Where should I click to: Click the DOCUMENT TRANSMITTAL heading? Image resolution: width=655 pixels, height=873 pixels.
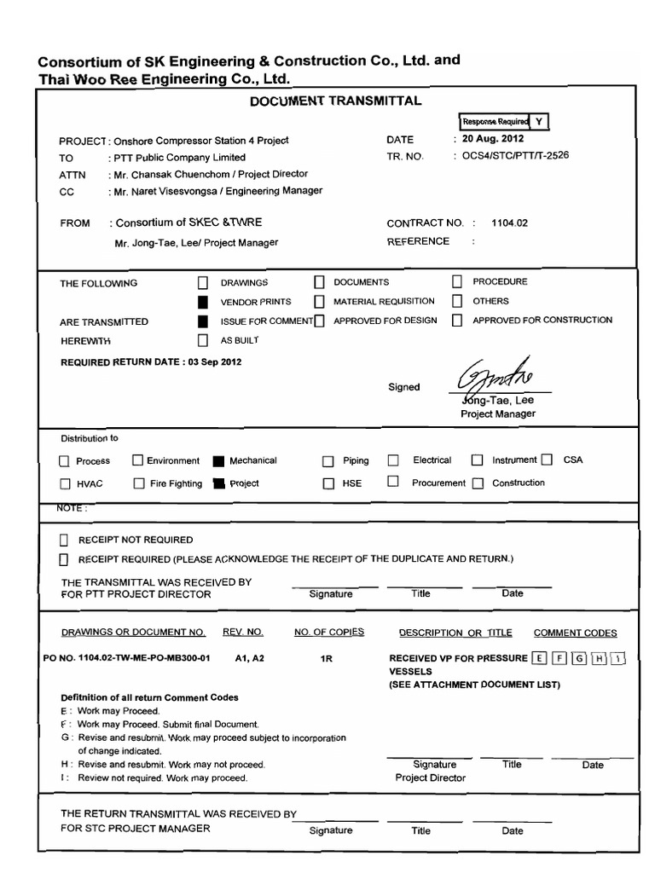point(335,101)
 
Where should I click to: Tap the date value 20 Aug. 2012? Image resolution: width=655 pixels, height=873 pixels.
point(493,138)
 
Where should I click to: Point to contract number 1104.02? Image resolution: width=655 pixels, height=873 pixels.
point(510,223)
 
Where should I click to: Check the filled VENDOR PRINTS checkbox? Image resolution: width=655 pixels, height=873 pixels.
point(202,302)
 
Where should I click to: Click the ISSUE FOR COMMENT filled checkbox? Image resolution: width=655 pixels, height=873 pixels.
point(202,321)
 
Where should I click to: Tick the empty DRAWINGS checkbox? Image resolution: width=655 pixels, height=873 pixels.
point(202,282)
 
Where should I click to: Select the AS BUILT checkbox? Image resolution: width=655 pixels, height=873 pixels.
point(202,340)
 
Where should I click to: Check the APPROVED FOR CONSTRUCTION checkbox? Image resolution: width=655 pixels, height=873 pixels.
point(457,321)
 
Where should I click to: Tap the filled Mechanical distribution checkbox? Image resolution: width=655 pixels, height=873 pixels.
point(217,461)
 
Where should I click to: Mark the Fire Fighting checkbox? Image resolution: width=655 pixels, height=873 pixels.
point(139,483)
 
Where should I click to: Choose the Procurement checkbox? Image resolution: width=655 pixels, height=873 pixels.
point(393,482)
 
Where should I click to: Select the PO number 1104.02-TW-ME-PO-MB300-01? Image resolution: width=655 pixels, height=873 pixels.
point(125,658)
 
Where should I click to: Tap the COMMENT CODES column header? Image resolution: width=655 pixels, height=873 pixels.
point(575,633)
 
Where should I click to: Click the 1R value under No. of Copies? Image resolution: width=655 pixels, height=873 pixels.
point(326,659)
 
